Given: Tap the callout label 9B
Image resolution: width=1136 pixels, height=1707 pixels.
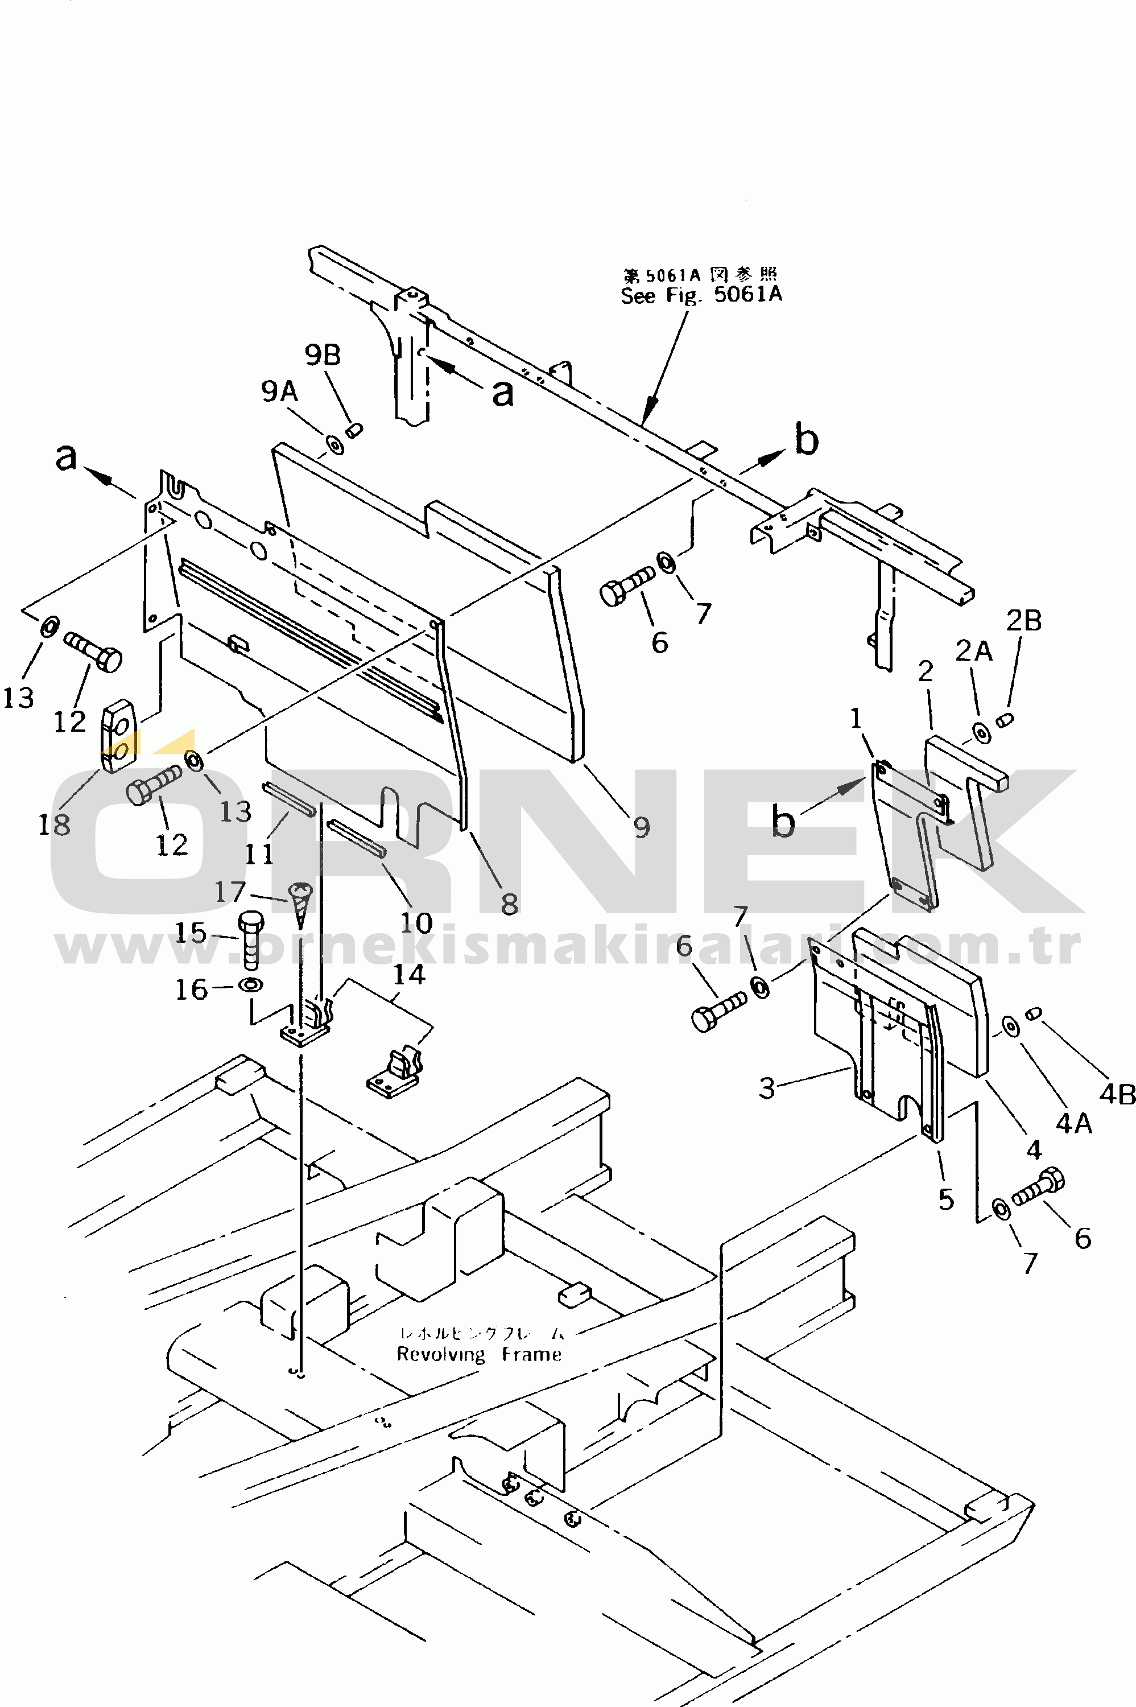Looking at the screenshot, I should click(323, 355).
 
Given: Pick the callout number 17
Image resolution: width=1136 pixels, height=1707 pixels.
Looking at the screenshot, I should click(230, 891).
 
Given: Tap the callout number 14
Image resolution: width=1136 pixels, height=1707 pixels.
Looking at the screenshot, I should click(408, 975).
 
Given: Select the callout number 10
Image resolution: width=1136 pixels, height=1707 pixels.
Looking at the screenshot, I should click(416, 922).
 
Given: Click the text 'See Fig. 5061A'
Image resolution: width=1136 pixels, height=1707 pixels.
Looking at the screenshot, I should click(701, 295).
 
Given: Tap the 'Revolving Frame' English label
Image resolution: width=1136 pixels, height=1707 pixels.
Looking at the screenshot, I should click(479, 1354).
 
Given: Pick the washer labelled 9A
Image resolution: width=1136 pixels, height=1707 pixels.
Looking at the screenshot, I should click(336, 443).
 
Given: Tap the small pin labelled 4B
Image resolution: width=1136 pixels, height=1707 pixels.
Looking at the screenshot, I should click(1034, 1012).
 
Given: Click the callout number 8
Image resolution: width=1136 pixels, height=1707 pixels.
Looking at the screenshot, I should click(509, 904).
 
